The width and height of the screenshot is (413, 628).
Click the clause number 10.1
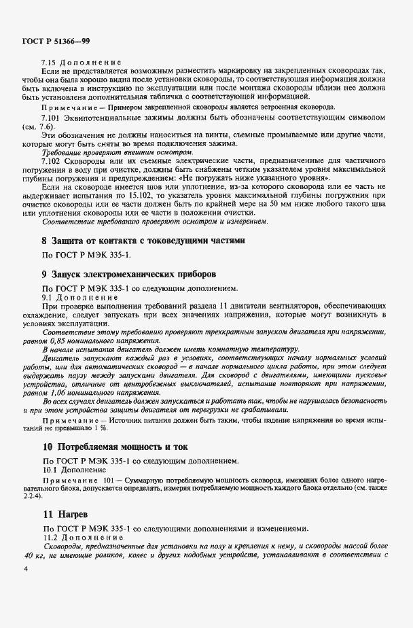(50, 469)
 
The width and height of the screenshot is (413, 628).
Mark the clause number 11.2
(50, 537)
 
